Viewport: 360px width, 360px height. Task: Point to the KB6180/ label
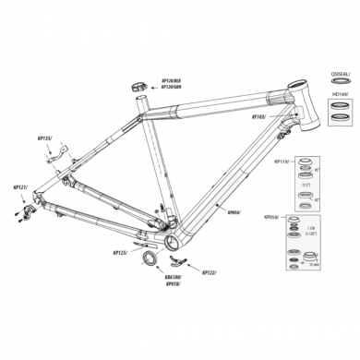coord(173,275)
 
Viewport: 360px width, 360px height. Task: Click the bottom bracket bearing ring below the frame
coord(147,258)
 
